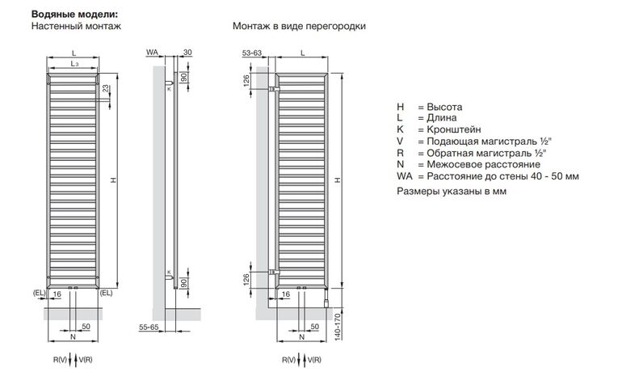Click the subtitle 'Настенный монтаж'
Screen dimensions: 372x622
(x=76, y=26)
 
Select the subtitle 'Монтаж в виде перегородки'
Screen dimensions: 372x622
(x=299, y=26)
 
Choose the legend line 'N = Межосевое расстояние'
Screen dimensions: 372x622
(x=469, y=165)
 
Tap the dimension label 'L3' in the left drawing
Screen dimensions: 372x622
(x=74, y=62)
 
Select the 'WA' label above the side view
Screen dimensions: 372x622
(x=152, y=52)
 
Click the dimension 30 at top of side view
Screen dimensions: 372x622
(x=187, y=52)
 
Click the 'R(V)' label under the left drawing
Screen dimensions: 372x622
(x=61, y=357)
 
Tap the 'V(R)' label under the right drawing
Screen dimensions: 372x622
(x=313, y=357)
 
